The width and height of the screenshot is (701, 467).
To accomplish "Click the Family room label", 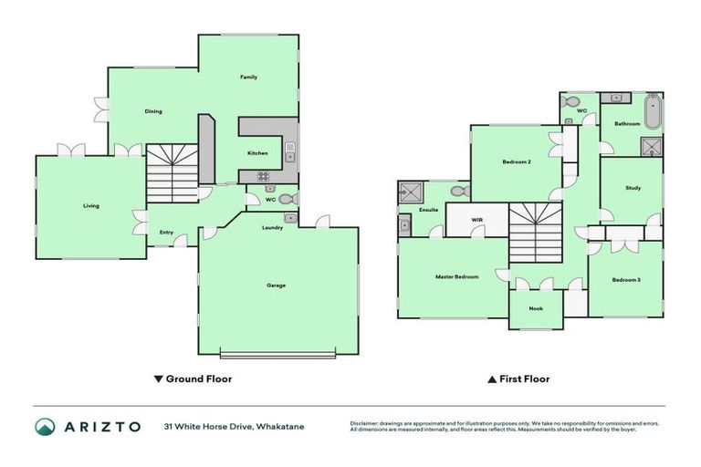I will [x=248, y=78].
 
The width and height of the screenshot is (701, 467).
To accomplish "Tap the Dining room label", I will [x=153, y=112].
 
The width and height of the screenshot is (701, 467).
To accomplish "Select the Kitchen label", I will [x=257, y=153].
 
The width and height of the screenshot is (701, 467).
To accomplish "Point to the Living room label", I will [x=91, y=206].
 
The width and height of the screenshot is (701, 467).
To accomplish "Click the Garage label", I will [x=276, y=285].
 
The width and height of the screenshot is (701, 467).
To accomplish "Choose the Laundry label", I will [x=272, y=228].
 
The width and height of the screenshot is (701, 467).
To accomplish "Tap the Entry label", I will [x=166, y=233].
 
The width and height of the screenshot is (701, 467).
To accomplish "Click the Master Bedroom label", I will [x=456, y=276].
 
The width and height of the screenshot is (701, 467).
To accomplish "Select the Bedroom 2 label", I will [x=517, y=162].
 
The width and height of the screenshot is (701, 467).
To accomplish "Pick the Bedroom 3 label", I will [x=626, y=279].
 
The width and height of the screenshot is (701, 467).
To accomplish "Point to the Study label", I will [x=633, y=189].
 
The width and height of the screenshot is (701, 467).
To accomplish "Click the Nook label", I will [x=536, y=308].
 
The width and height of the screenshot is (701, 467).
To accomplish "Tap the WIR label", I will [x=476, y=220].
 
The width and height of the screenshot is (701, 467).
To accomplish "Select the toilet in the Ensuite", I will [x=459, y=192].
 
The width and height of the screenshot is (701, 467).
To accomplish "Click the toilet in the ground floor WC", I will [x=285, y=198].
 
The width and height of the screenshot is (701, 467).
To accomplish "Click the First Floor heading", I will [x=524, y=379].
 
